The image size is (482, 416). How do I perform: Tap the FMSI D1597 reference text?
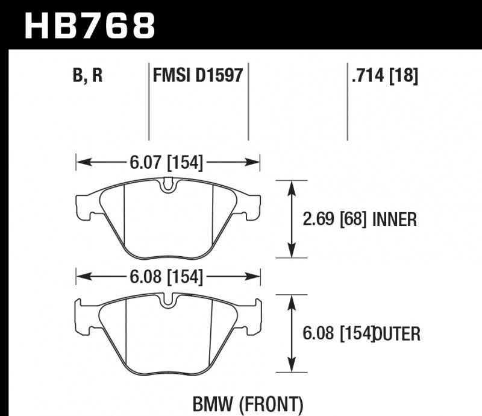[x=198, y=77]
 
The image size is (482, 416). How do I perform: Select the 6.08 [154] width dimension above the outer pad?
[x=165, y=278]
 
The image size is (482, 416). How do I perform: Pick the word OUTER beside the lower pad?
[x=396, y=334]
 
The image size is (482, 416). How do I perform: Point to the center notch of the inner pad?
[x=169, y=186]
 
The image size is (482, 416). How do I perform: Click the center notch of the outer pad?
[x=169, y=301]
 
